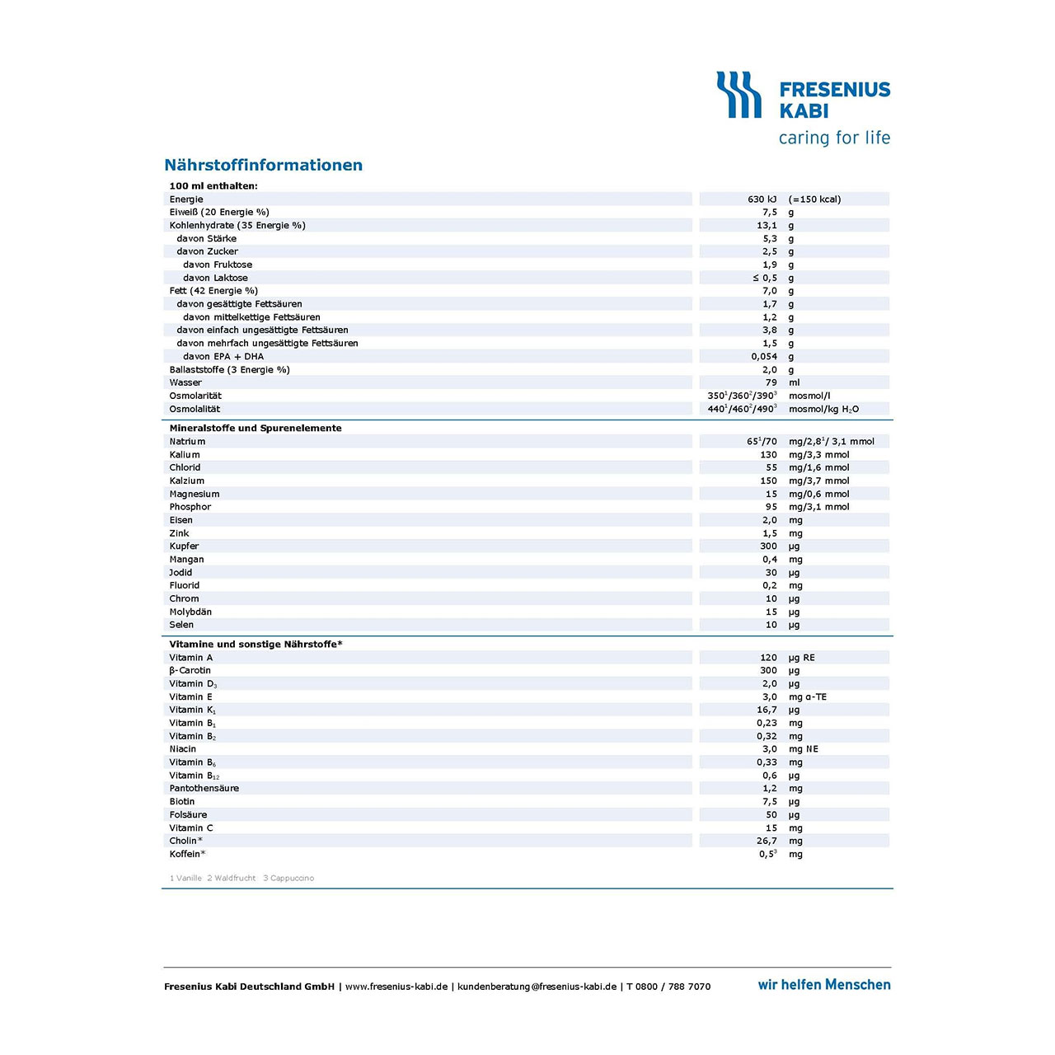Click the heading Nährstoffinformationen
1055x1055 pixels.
263,165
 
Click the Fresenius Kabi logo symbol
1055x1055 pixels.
738,95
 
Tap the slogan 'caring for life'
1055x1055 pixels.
834,138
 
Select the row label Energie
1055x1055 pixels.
186,199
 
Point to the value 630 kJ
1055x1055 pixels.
762,199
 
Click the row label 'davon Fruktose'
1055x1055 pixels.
218,265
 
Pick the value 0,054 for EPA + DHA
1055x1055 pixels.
764,357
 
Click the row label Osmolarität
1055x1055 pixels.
195,396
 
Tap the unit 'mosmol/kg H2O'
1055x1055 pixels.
823,409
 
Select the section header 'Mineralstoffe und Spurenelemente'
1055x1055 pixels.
256,429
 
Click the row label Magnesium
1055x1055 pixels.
195,494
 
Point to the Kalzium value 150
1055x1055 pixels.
768,481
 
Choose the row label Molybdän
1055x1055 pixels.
190,612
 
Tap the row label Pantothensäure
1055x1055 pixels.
204,788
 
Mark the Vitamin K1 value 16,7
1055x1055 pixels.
767,710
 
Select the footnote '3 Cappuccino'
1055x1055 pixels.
288,878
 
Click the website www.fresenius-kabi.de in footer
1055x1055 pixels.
396,987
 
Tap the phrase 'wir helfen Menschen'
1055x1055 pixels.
824,985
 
